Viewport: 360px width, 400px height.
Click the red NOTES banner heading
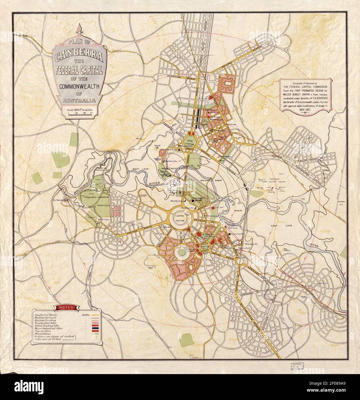tap(66, 307)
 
